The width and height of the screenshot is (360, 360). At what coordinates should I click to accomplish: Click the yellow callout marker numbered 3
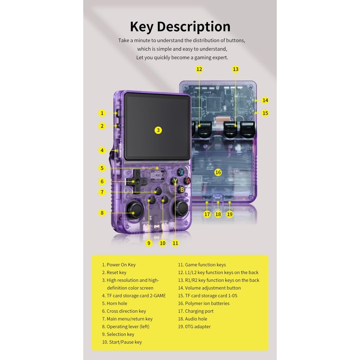coord(158,130)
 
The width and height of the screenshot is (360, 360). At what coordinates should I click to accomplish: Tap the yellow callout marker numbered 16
coord(218,172)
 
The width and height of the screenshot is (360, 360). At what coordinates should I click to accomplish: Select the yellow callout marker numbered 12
coord(199,69)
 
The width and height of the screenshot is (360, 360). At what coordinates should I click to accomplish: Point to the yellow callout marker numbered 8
coord(102,213)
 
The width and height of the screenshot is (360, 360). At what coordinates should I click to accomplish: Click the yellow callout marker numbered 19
coord(230,215)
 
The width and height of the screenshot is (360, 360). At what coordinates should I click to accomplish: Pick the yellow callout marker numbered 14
coord(265,100)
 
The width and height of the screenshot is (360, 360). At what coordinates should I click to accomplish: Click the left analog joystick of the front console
coord(135,210)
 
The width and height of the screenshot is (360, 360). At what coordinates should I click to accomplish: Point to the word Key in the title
coord(145,27)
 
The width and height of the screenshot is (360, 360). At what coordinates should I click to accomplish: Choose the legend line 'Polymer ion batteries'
coord(204,303)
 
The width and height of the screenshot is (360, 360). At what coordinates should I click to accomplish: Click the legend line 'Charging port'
coord(199,311)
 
